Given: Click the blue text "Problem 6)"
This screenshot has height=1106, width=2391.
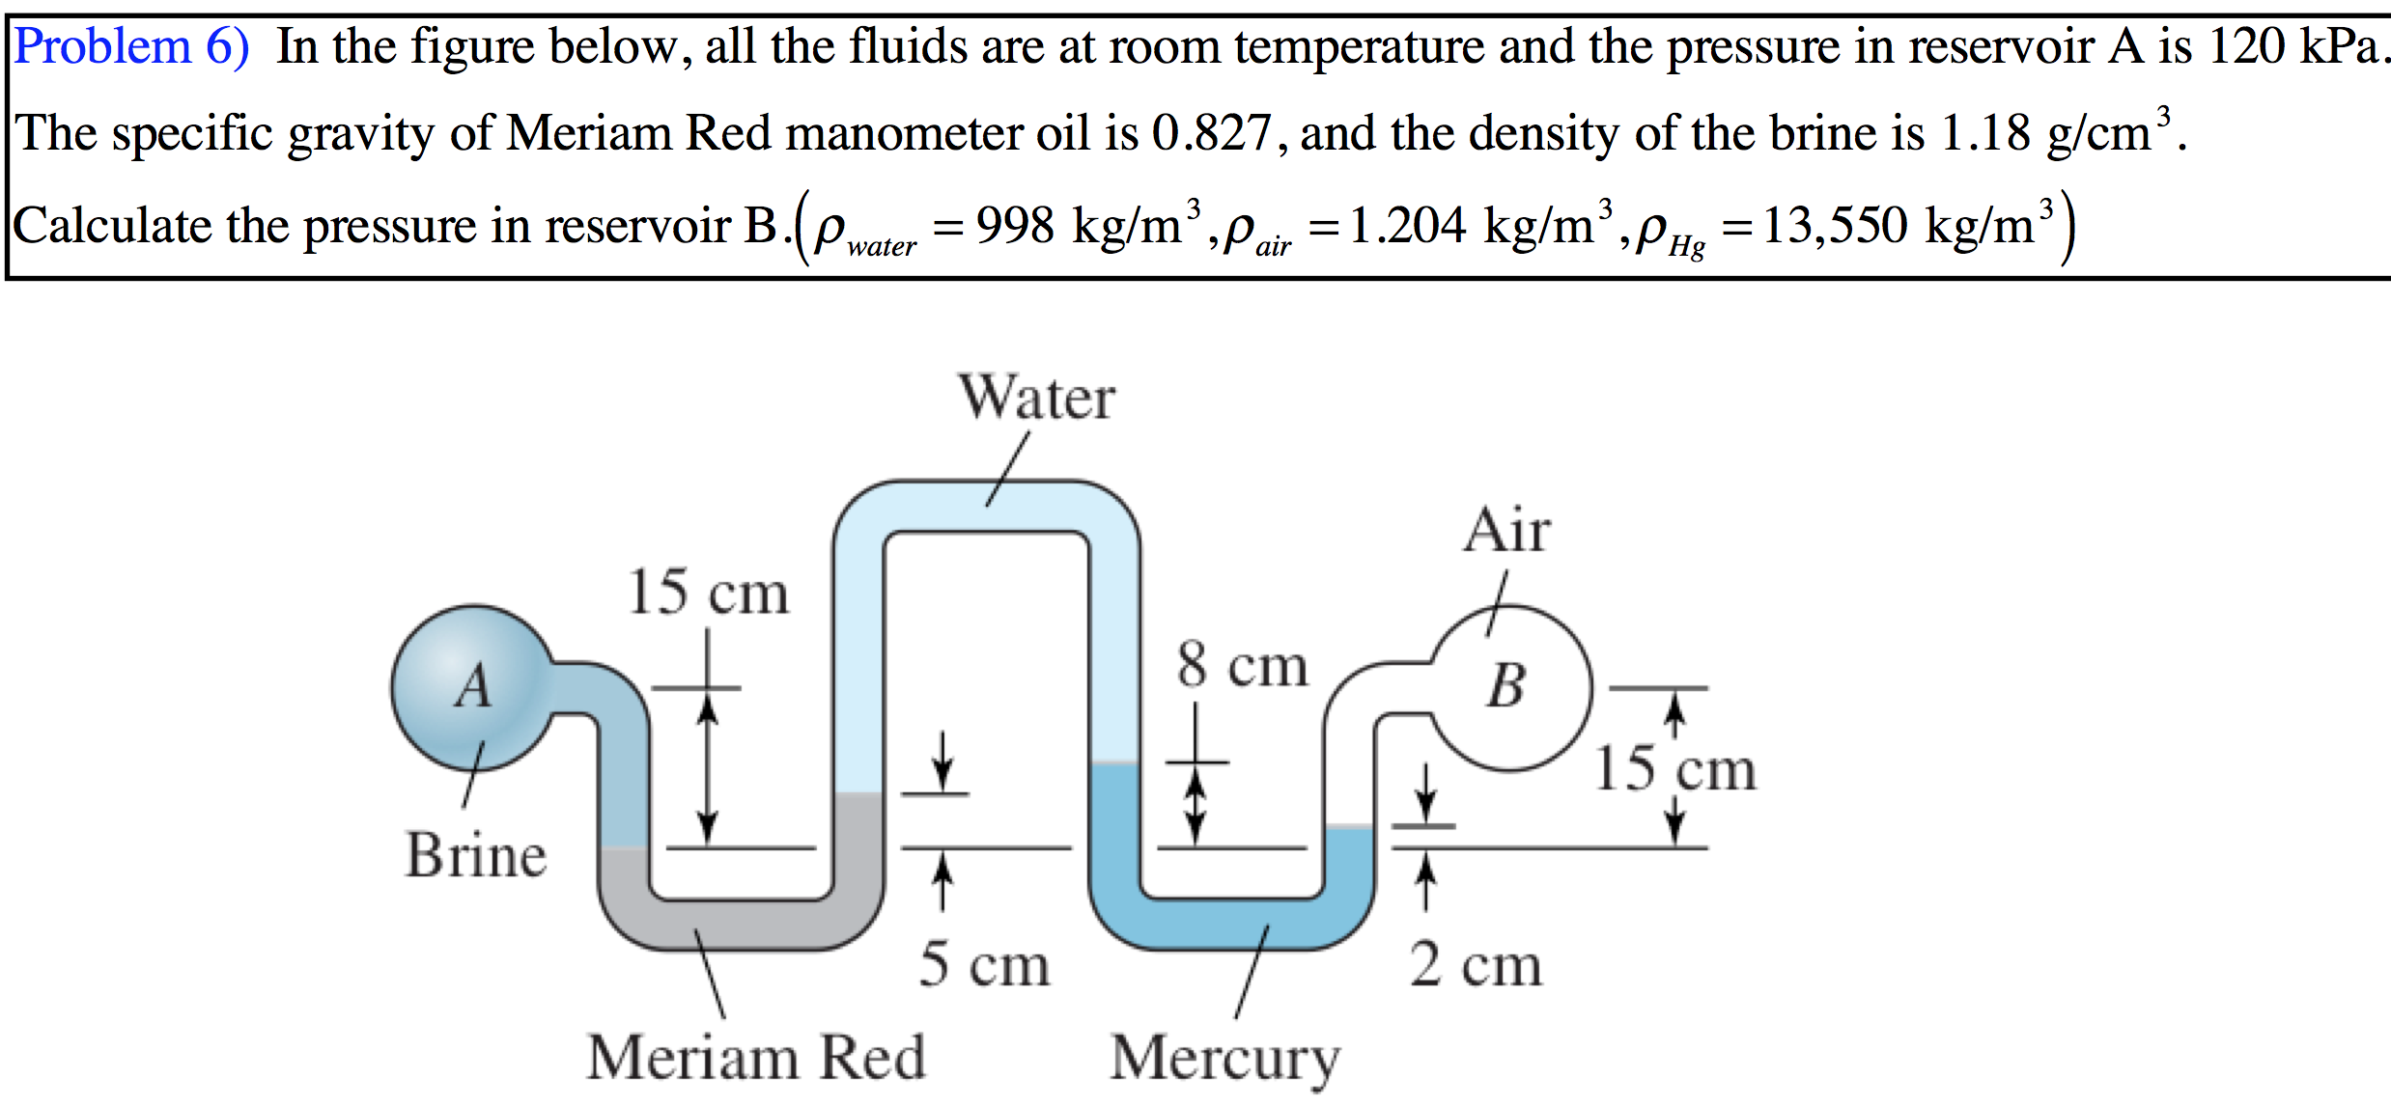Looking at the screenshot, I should tap(131, 46).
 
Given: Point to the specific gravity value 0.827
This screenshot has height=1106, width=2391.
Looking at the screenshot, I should tap(1211, 133).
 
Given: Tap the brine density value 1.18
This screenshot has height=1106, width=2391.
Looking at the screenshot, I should tap(1984, 133).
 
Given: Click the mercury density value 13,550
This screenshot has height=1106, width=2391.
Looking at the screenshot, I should tap(1835, 226).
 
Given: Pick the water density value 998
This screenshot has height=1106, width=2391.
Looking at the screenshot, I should tap(1015, 226).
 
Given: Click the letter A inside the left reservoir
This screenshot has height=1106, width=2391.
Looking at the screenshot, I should tap(473, 687).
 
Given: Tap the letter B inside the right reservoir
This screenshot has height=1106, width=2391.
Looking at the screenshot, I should tap(1506, 686).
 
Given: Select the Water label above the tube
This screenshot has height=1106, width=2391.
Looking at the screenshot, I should tap(1036, 398).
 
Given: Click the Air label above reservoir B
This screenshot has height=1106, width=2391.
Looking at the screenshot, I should tap(1506, 531).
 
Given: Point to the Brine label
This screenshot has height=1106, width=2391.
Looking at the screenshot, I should tap(475, 855).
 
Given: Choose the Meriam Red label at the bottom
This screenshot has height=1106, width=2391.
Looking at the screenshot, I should tap(755, 1058).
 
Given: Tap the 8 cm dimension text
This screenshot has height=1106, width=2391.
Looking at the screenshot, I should tap(1242, 666).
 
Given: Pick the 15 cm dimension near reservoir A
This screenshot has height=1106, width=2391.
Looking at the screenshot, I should tap(708, 592).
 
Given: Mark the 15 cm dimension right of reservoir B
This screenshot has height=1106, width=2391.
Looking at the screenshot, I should tap(1674, 769).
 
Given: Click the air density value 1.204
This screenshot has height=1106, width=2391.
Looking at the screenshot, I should tap(1407, 226).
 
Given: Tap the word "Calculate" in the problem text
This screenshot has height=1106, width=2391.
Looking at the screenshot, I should tap(111, 226).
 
